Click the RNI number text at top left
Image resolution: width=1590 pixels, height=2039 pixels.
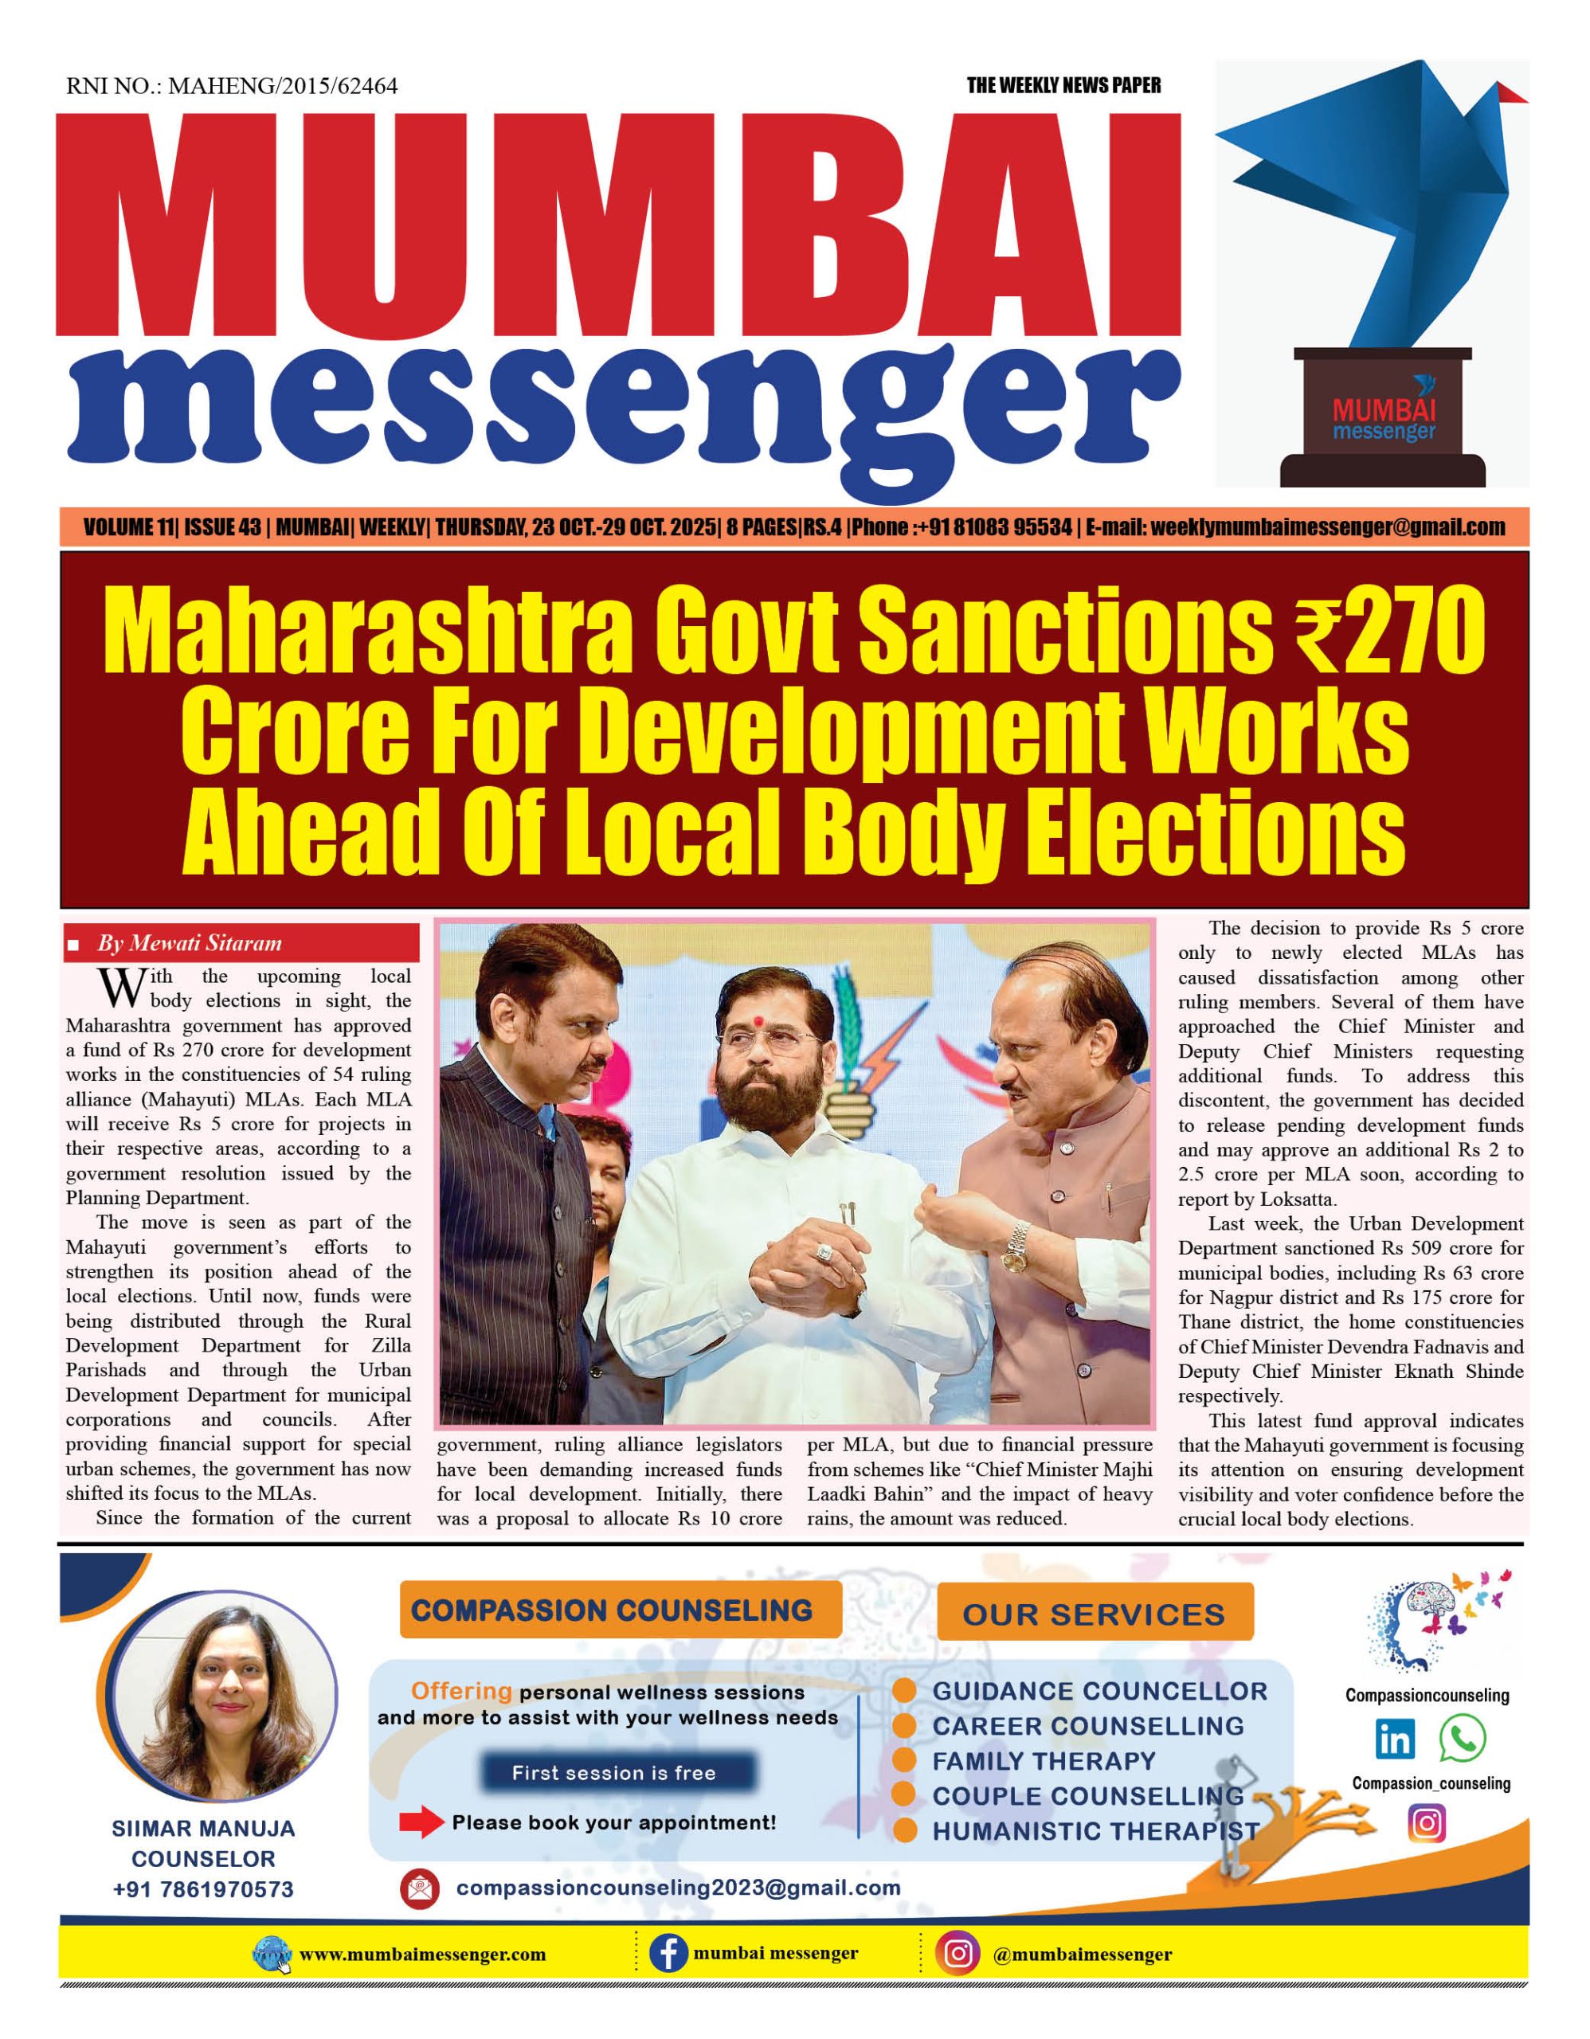point(232,87)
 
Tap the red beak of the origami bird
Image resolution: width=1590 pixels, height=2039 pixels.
point(1510,92)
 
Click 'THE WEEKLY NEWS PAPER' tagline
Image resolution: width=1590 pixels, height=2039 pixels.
point(1063,86)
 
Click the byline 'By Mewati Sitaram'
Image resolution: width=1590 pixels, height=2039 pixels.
point(190,943)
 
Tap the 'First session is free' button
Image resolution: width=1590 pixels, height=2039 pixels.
point(613,1773)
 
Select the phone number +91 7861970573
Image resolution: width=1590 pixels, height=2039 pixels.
point(204,1889)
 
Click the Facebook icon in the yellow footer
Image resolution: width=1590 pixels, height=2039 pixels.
point(668,1953)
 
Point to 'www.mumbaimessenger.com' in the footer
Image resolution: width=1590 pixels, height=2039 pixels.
point(422,1954)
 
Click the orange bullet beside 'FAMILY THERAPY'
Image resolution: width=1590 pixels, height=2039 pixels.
point(904,1761)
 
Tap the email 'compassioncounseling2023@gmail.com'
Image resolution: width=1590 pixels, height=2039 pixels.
point(678,1888)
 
